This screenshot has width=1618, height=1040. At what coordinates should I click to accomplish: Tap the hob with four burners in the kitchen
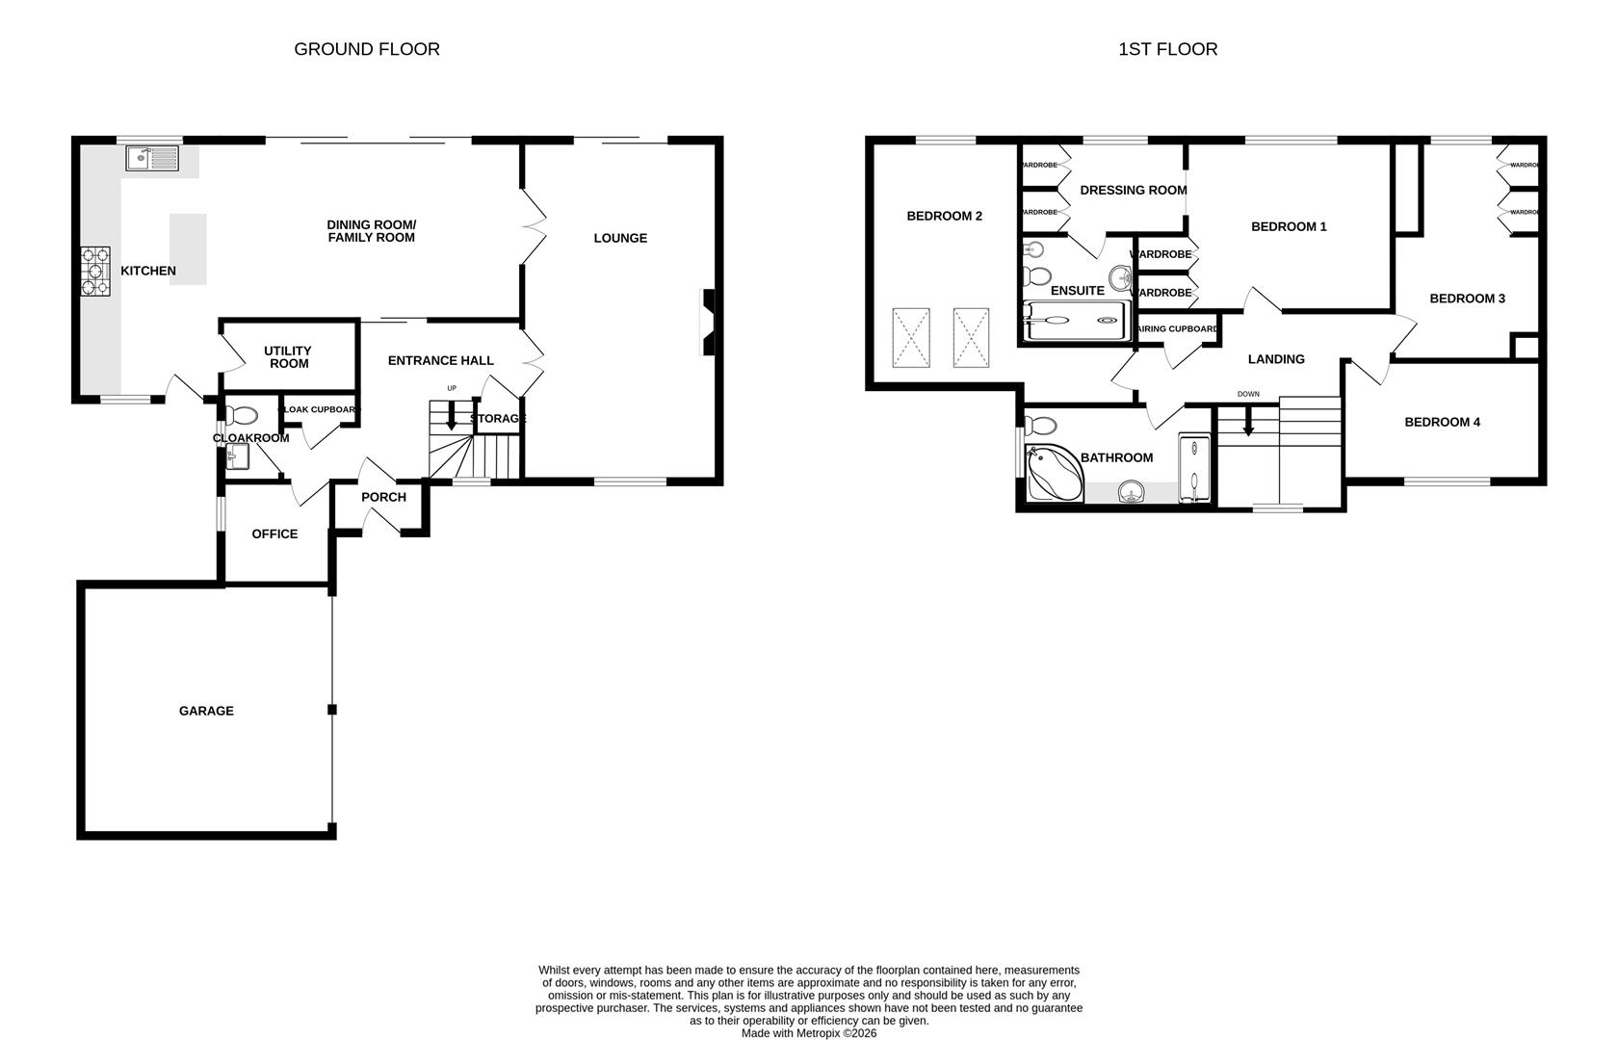(x=94, y=272)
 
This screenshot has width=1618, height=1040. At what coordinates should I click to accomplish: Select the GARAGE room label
(x=206, y=711)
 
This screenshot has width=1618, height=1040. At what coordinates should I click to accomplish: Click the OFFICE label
(x=274, y=533)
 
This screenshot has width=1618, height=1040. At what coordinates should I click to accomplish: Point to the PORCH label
(x=383, y=497)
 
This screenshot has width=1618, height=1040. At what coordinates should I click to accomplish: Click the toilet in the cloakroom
(x=243, y=415)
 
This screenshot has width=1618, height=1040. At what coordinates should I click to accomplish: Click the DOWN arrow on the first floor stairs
(x=1248, y=422)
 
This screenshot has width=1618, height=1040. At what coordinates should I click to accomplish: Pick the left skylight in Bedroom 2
(x=911, y=337)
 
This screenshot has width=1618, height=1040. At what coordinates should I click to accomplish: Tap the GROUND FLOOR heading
(x=367, y=49)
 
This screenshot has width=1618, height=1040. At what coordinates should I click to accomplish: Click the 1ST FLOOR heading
(x=1167, y=49)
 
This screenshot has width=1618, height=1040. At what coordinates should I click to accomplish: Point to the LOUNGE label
(x=620, y=238)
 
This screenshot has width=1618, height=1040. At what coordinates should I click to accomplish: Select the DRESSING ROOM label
(x=1133, y=190)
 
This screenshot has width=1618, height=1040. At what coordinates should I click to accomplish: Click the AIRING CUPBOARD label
(x=1178, y=329)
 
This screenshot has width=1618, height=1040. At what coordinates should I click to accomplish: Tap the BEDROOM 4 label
(x=1442, y=422)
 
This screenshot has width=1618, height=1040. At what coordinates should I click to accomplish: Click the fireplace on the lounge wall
(x=709, y=323)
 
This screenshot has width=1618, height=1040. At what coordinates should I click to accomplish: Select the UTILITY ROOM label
(x=288, y=356)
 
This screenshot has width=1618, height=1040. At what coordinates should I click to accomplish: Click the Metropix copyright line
(x=809, y=1033)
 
